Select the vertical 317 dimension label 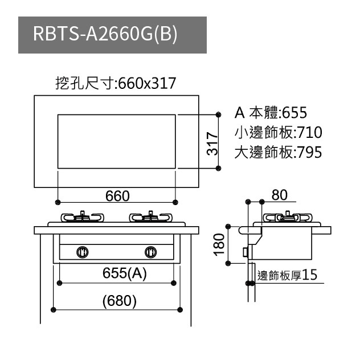pos(211,142)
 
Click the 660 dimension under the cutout pos(117,195)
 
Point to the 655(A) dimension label pos(125,273)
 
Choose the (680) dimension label pos(118,300)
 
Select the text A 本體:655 pos(271,112)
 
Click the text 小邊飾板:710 pos(278,133)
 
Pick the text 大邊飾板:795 pos(278,153)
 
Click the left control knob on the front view pos(83,251)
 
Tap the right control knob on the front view pos(151,251)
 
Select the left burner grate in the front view pos(83,217)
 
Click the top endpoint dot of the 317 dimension pos(219,114)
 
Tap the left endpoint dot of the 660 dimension pos(59,202)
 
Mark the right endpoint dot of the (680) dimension pos(180,309)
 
